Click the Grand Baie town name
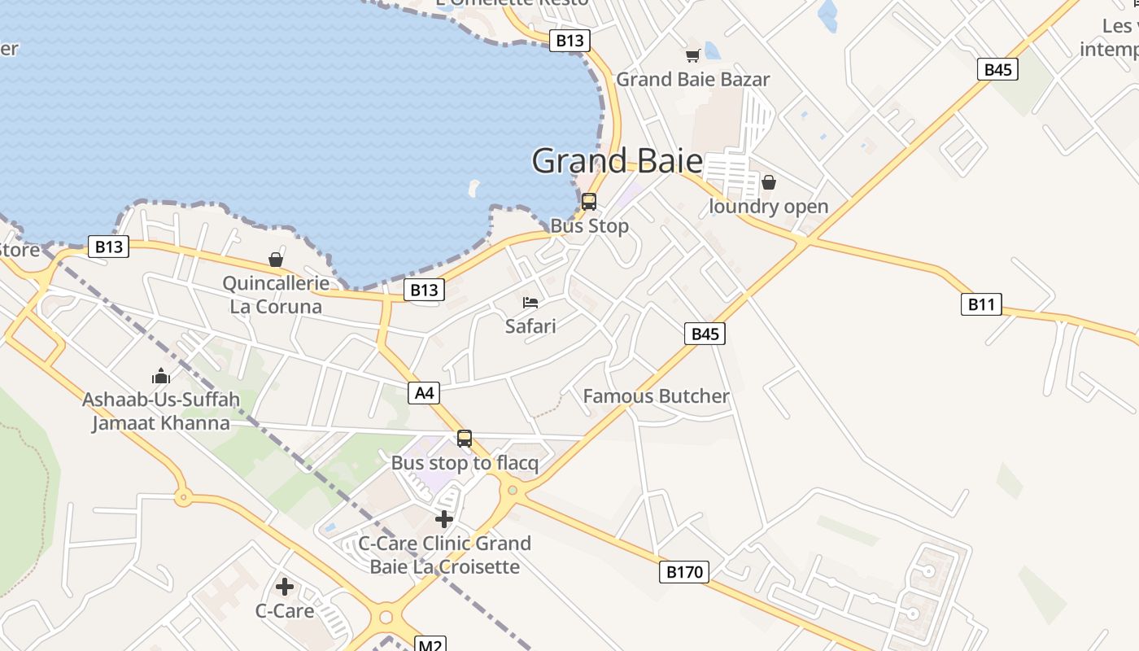click(617, 161)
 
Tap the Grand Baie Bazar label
click(692, 80)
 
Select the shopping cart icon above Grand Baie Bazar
click(692, 55)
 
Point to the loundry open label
click(768, 207)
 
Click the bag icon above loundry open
click(768, 182)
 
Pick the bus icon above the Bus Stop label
click(589, 201)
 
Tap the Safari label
click(530, 326)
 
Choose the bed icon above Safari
click(530, 303)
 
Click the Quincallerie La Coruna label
click(276, 295)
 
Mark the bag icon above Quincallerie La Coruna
click(276, 260)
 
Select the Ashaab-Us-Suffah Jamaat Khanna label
click(161, 412)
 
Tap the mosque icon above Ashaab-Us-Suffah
click(161, 376)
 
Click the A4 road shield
click(424, 393)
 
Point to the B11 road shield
click(980, 305)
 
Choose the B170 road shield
click(683, 572)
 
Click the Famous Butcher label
click(656, 396)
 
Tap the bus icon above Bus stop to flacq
click(465, 439)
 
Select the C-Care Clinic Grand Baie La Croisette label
click(444, 555)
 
